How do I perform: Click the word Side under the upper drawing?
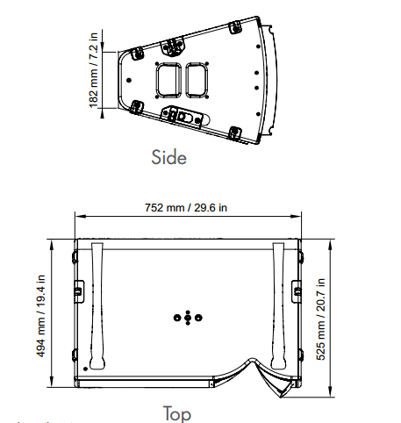(x=169, y=158)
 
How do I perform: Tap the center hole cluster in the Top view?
(x=187, y=317)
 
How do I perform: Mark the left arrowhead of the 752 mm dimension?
(x=77, y=216)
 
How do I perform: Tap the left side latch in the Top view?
(x=79, y=290)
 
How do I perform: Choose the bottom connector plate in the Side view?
(x=183, y=114)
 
